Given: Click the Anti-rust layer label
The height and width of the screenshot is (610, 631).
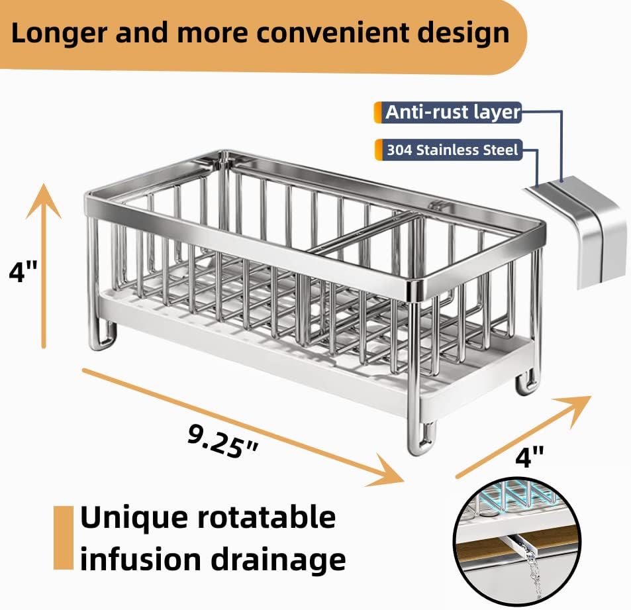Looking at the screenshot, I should click(452, 112).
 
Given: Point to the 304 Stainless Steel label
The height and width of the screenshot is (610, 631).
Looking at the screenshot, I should click(452, 150).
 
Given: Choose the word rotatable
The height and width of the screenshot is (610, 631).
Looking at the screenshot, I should click(264, 517).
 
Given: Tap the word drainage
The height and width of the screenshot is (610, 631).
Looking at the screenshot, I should click(277, 560).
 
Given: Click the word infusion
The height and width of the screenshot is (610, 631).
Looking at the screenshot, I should click(139, 560).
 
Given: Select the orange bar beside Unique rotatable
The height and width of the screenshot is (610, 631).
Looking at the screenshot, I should click(64, 537).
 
